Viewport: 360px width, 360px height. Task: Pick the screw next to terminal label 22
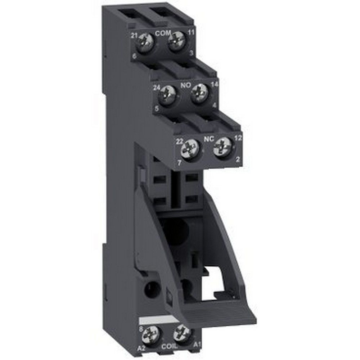tap(190, 149)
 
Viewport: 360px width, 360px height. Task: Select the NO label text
tap(185, 86)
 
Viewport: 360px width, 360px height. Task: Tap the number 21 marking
tap(135, 35)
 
